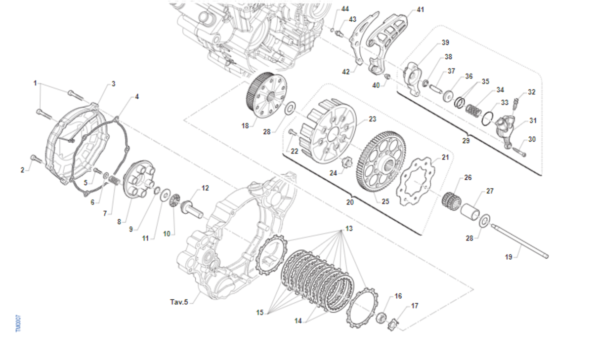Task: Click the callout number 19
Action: point(508,257)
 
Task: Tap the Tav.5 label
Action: point(179,302)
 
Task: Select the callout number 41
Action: point(420,9)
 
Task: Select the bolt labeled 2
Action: point(35,159)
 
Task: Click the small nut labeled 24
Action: point(346,162)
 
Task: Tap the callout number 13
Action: point(349,229)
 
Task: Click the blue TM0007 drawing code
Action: point(18,323)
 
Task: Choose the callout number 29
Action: point(465,141)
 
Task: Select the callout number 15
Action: point(259,312)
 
